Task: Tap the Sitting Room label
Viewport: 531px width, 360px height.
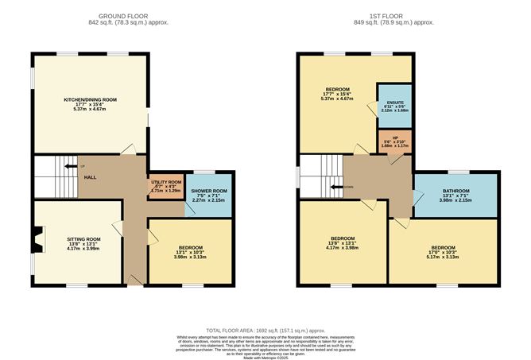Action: (83, 238)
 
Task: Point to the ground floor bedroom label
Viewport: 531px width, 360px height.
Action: (190, 247)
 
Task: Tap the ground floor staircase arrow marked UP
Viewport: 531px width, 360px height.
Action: (74, 167)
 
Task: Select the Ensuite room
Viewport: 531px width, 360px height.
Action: (395, 103)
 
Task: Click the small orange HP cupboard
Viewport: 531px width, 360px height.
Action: (394, 143)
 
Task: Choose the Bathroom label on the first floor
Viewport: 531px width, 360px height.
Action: (455, 192)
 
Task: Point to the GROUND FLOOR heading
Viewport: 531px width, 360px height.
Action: (122, 16)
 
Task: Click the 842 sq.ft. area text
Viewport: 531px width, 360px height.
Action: (122, 24)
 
